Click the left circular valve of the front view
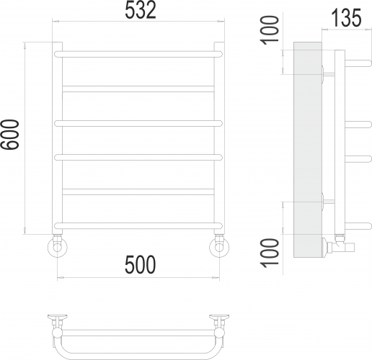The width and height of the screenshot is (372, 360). tap(58, 246)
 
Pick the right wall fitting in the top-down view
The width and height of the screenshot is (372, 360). tap(219, 318)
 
